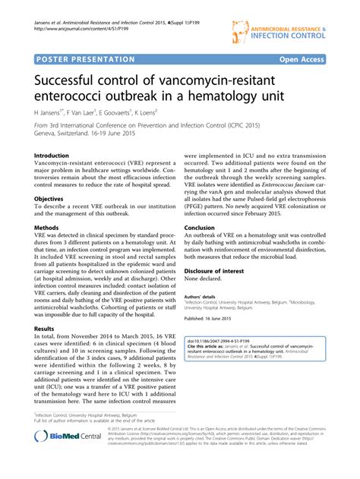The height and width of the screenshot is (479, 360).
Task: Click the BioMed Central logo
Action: click(70, 459)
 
